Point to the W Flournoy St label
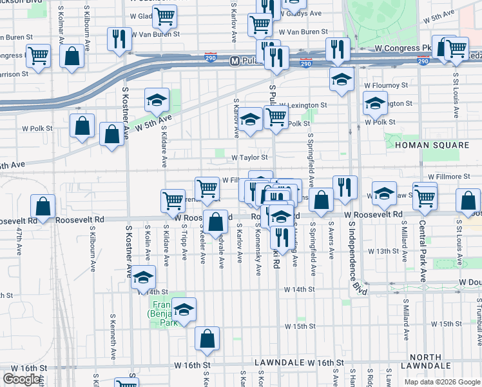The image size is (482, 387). pos(386,84)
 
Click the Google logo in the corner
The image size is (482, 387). pos(22,379)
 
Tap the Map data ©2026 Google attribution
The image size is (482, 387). pos(442,382)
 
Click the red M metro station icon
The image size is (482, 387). pos(235,61)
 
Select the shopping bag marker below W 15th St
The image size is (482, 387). pos(207,338)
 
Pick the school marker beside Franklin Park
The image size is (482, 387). pos(184,309)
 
